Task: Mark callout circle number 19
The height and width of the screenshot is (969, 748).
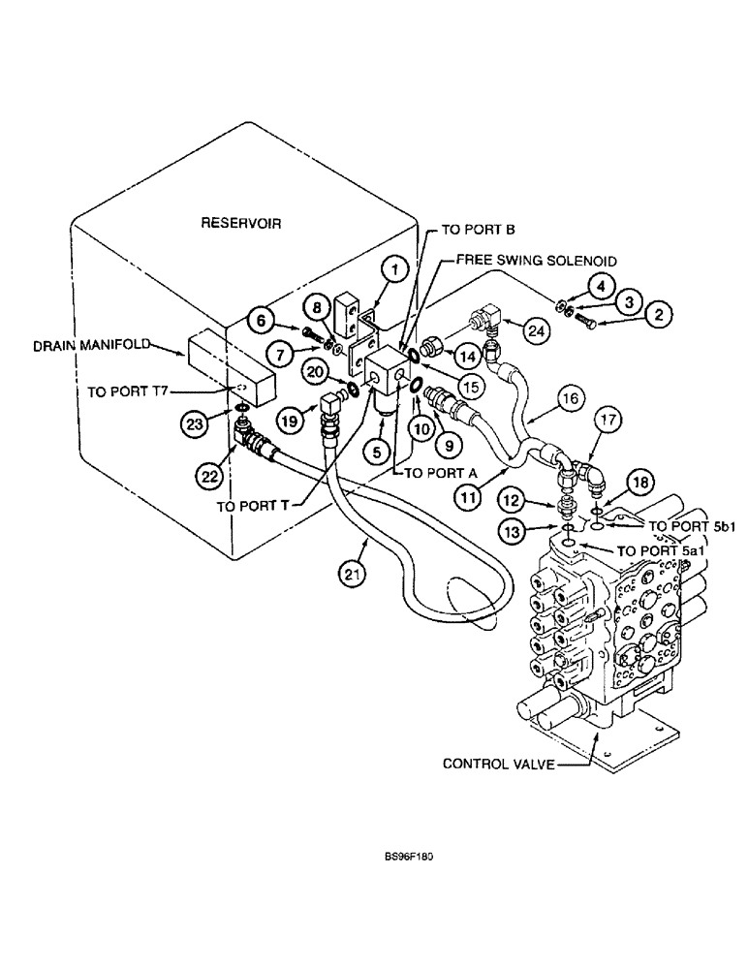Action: [x=289, y=419]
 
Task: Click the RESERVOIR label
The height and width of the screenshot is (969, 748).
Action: [x=240, y=222]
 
